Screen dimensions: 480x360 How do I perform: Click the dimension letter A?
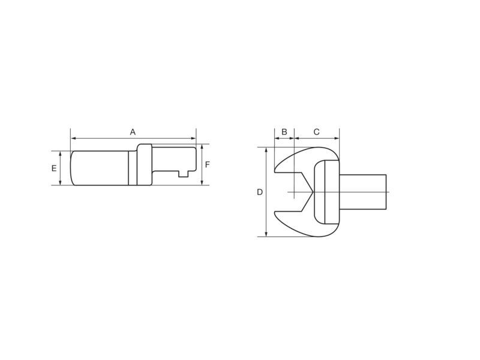[x=133, y=132]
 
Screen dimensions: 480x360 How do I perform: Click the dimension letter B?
[x=284, y=132]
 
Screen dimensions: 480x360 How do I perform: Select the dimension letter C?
[x=317, y=132]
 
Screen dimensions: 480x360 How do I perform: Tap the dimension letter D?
[x=260, y=192]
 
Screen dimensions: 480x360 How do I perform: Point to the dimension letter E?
[x=54, y=168]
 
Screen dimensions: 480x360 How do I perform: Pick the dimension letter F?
[x=207, y=164]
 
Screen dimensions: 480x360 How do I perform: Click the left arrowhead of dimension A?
[x=73, y=139]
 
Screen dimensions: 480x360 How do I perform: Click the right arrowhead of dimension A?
[x=193, y=139]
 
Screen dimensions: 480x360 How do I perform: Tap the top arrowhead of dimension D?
[x=266, y=149]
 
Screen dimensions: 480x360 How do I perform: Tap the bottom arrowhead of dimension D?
[x=266, y=234]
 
